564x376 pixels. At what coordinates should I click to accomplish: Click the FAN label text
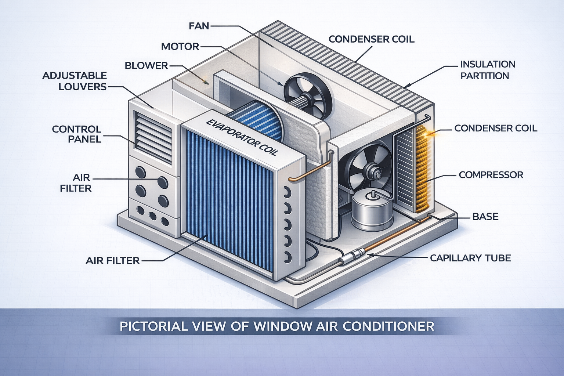199,26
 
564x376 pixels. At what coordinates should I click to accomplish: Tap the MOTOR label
180,47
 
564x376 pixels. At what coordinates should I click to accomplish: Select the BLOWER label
146,66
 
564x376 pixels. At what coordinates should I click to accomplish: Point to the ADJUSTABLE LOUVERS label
75,81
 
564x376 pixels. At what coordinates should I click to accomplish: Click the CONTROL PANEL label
77,134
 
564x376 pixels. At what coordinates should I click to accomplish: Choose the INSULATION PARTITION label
487,70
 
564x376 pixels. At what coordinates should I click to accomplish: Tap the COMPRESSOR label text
491,175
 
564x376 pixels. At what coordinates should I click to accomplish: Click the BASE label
485,217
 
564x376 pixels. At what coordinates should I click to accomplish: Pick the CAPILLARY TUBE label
470,258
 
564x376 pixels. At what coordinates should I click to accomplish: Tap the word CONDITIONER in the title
389,326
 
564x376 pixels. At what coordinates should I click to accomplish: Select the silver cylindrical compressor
372,212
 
